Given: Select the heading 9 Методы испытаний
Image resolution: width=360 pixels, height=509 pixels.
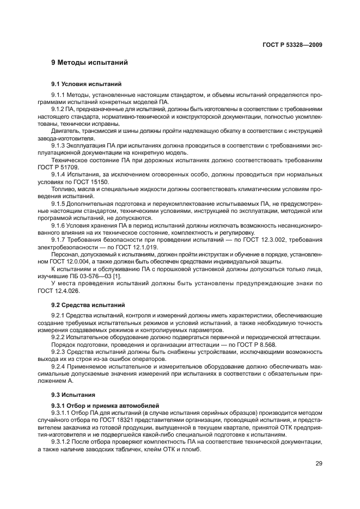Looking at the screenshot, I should click(89, 63).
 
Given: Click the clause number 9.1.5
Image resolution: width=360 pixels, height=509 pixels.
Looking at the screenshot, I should click(58, 203).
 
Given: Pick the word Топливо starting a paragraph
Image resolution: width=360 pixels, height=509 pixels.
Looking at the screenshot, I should click(62, 189).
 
